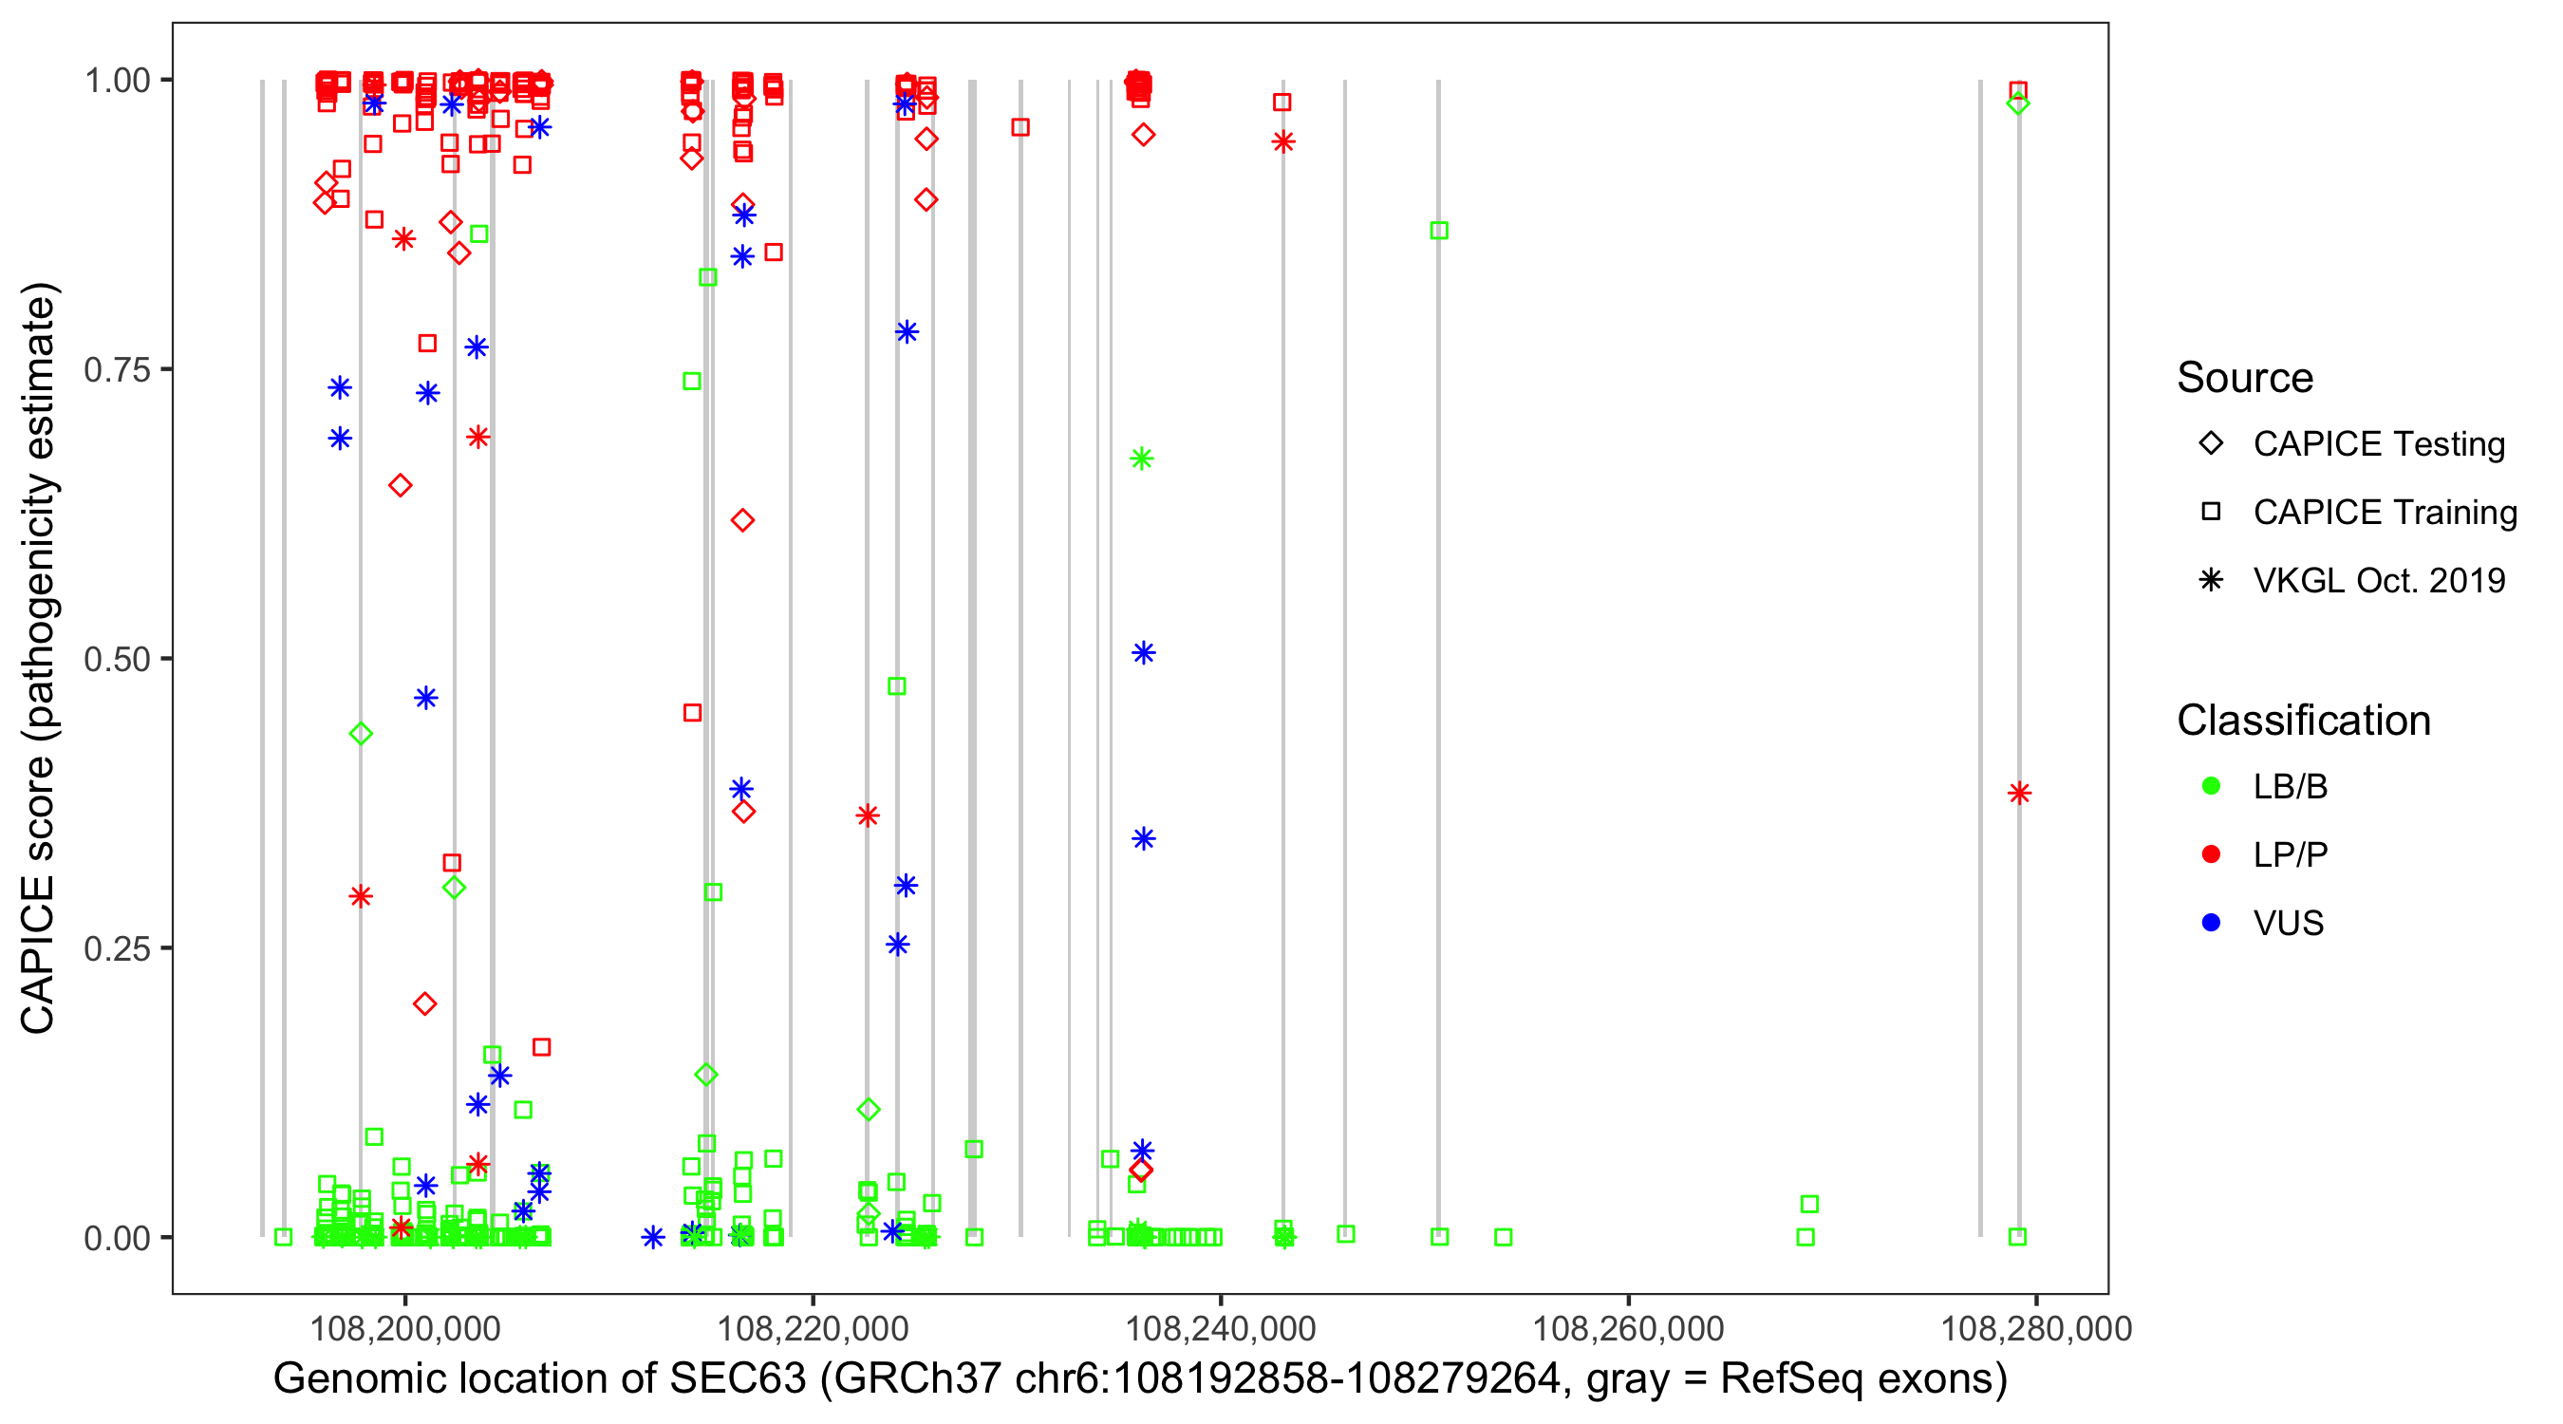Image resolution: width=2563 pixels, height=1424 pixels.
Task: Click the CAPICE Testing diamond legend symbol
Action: (2211, 444)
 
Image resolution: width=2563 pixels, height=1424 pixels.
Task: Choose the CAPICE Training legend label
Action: (2384, 513)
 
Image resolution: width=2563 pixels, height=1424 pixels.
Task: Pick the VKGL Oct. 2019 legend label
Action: (2378, 580)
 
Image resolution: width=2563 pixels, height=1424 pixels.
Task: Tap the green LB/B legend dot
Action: (2211, 786)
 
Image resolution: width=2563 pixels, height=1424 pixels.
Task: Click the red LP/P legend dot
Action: (2211, 854)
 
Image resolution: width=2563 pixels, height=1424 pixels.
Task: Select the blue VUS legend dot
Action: (2211, 923)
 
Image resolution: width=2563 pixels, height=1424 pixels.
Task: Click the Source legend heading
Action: (2244, 378)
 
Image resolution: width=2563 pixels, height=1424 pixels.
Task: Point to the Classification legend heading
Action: (2302, 721)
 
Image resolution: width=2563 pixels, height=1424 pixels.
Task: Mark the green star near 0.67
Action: (1141, 459)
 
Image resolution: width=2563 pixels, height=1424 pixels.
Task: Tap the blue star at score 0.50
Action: (1143, 653)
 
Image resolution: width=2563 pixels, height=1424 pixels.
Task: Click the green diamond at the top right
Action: (2017, 103)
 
